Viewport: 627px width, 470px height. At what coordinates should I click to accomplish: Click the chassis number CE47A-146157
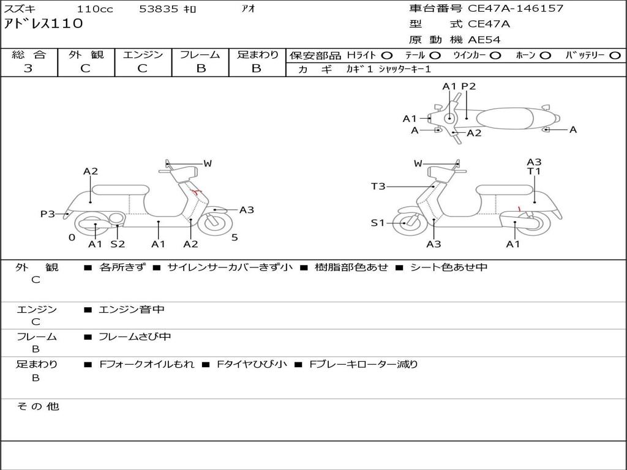point(516,9)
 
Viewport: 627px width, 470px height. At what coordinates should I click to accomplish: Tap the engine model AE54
point(484,40)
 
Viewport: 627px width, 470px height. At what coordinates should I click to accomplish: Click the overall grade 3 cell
point(28,69)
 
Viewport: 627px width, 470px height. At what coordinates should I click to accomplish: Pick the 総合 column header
point(29,54)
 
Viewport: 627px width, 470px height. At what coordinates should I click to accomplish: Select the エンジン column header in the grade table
point(143,54)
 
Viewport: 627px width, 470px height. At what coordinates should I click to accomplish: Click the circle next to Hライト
point(387,55)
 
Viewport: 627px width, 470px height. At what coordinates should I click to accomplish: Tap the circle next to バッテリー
point(615,55)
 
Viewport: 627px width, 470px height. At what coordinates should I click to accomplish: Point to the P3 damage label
point(48,214)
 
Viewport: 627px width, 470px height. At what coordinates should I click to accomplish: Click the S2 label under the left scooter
point(118,244)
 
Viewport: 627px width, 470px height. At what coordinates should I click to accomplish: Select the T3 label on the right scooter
point(378,186)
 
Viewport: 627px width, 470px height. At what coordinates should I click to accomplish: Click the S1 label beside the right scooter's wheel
point(378,223)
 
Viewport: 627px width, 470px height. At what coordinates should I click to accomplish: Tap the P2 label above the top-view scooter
point(468,86)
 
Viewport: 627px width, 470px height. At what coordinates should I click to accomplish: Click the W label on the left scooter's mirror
point(208,163)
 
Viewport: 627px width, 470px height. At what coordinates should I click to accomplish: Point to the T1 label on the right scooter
point(534,171)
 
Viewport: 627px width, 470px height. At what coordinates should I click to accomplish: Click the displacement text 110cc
point(95,9)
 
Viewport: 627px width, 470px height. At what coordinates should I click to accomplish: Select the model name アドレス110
point(43,24)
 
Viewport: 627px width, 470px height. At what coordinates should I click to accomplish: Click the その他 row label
point(37,406)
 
